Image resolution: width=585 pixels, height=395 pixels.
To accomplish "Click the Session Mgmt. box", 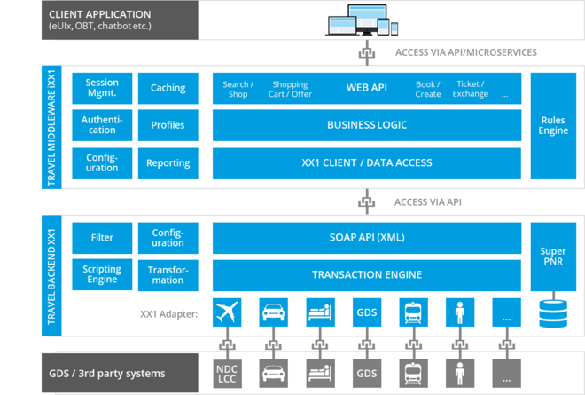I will pyautogui.click(x=102, y=88).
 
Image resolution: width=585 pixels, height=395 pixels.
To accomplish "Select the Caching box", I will pyautogui.click(x=168, y=88).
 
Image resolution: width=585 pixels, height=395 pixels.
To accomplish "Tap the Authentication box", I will pyautogui.click(x=102, y=125).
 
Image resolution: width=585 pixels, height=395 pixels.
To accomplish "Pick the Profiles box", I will pyautogui.click(x=168, y=125).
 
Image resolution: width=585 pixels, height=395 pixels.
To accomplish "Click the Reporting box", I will pyautogui.click(x=168, y=162).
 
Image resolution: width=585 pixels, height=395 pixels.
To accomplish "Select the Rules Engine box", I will pyautogui.click(x=552, y=125).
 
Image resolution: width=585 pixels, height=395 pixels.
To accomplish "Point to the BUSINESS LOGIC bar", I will pyautogui.click(x=367, y=125).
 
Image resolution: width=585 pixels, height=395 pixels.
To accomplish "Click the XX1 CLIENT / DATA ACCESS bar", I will pyautogui.click(x=367, y=162).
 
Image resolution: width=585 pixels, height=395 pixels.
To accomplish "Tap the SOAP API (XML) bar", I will pyautogui.click(x=367, y=238).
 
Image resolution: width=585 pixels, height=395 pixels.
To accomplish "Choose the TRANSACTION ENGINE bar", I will pyautogui.click(x=367, y=275).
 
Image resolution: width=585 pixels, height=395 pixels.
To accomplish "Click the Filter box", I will pyautogui.click(x=102, y=238).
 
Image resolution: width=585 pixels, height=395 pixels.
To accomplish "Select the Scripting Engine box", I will pyautogui.click(x=102, y=275).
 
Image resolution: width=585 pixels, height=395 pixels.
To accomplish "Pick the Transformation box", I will pyautogui.click(x=168, y=275).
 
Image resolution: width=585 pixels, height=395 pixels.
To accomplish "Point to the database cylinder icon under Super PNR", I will pyautogui.click(x=552, y=313).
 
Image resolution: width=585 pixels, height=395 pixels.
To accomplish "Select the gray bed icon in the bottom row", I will pyautogui.click(x=319, y=371).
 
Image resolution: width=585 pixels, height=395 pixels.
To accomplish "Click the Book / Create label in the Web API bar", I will pyautogui.click(x=427, y=89).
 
